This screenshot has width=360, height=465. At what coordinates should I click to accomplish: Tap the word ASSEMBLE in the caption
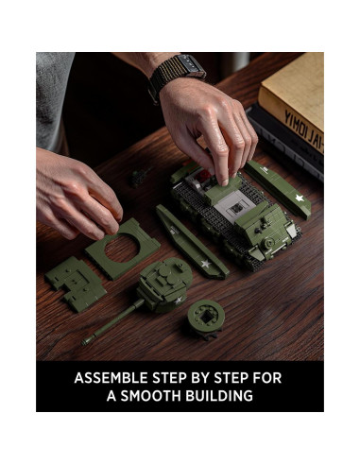click(x=112, y=378)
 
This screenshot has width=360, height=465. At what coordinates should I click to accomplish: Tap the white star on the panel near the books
click(x=300, y=198)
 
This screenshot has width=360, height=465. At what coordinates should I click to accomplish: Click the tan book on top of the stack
click(x=295, y=90)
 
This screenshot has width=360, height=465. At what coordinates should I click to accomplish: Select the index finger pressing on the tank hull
click(x=223, y=168)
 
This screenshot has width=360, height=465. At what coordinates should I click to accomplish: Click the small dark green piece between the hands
click(x=141, y=176)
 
